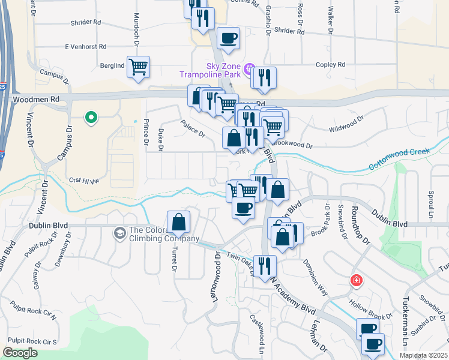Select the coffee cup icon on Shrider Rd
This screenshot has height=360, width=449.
pyautogui.click(x=228, y=38)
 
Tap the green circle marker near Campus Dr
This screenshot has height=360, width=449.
pyautogui.click(x=91, y=118)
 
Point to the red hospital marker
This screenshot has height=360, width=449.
pyautogui.click(x=357, y=280)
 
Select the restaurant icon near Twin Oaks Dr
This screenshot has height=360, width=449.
pyautogui.click(x=264, y=265)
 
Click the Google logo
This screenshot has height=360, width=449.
pyautogui.click(x=20, y=353)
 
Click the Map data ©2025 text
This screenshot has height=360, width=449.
pyautogui.click(x=423, y=355)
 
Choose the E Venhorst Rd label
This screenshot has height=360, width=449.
pyautogui.click(x=86, y=46)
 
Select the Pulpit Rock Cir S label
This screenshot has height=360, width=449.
pyautogui.click(x=33, y=341)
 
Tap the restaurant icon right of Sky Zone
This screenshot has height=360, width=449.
pyautogui.click(x=264, y=78)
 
